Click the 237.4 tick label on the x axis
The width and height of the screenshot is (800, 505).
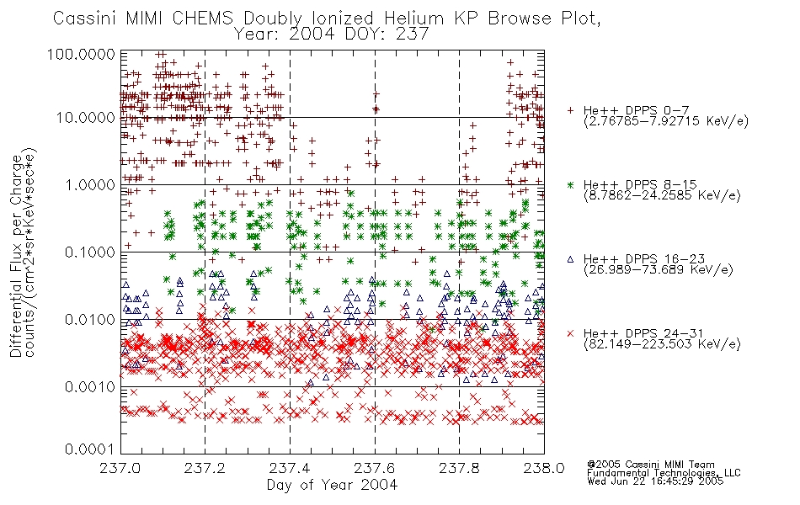[x=290, y=468]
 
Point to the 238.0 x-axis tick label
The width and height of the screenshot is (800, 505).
[x=544, y=468]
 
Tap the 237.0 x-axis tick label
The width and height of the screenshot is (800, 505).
[x=120, y=468]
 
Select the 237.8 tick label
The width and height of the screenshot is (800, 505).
[x=459, y=468]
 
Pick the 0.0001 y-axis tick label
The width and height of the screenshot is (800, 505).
[x=90, y=449]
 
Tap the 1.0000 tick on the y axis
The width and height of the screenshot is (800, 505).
[x=90, y=184]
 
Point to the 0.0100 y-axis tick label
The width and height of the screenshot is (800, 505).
[x=90, y=320]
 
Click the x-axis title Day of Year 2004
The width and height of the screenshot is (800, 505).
[x=332, y=485]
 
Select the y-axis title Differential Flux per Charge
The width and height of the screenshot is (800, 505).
[x=16, y=256]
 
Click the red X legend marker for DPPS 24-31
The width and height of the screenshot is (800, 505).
[x=570, y=333]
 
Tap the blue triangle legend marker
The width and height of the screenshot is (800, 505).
[x=570, y=259]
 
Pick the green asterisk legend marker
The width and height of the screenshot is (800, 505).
[x=570, y=185]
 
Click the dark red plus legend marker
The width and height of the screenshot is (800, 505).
[x=570, y=110]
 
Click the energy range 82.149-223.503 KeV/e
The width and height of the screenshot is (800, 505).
[x=662, y=344]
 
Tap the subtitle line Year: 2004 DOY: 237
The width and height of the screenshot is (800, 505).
[x=331, y=35]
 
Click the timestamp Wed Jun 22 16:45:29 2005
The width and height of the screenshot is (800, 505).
[x=655, y=481]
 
